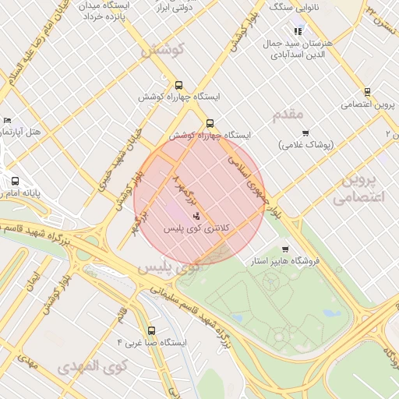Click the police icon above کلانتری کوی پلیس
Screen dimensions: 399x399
(196, 215)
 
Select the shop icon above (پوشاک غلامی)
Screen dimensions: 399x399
(305, 133)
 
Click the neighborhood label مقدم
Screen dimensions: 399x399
(288, 115)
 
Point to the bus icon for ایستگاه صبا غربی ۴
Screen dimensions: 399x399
(150, 330)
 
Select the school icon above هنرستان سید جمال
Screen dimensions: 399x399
(298, 31)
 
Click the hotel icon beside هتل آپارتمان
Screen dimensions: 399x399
(8, 121)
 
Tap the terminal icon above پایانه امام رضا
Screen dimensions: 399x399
(15, 181)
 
